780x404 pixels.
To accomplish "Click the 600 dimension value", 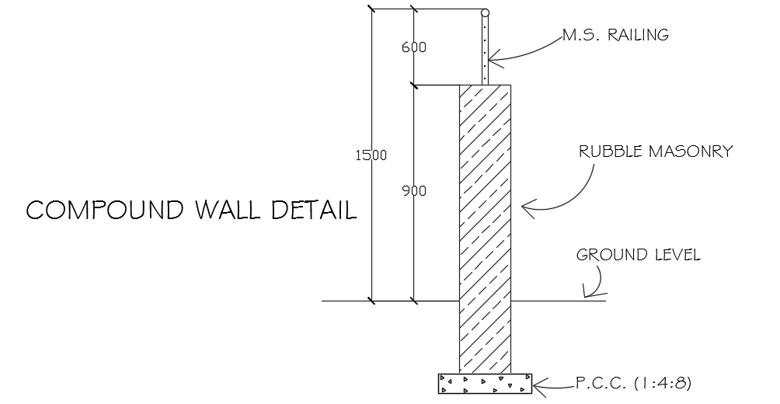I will click(x=413, y=47).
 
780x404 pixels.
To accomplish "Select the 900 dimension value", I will click(x=413, y=190).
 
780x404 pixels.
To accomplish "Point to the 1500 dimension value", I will click(x=371, y=155).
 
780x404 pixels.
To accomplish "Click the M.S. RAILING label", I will click(x=615, y=35).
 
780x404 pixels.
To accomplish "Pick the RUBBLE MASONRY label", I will click(x=655, y=151).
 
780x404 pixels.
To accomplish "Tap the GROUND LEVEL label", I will click(x=637, y=255).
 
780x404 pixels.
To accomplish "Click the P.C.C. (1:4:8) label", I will click(x=633, y=383).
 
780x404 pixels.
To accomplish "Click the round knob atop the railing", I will click(x=485, y=12).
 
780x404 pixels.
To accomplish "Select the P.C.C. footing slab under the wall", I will click(x=485, y=383).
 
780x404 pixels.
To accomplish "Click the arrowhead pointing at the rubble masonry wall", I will click(x=526, y=207).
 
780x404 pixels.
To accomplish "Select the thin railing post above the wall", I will click(x=485, y=50).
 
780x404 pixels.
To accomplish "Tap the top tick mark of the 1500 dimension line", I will click(x=371, y=10).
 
